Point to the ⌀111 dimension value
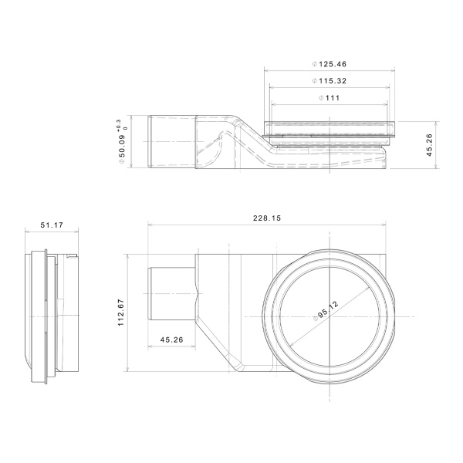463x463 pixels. [333, 98]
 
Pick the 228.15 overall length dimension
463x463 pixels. [266, 219]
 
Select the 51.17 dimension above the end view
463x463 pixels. [51, 225]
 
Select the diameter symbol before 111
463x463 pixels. [321, 98]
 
